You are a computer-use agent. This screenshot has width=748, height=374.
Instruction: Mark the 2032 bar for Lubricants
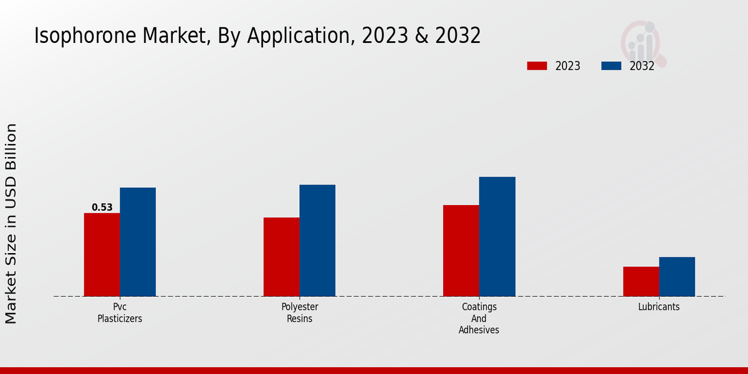pos(677,277)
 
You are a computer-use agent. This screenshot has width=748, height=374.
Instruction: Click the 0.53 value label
pos(102,208)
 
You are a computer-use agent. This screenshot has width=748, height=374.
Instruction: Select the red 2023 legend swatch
pos(537,66)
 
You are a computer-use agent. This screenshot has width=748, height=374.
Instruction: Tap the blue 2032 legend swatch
pos(611,66)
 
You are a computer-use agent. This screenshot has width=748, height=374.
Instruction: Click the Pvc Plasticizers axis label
pos(120,313)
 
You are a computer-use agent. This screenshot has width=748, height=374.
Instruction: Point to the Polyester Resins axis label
pos(300,313)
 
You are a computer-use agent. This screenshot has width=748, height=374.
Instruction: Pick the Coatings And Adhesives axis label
pos(479,319)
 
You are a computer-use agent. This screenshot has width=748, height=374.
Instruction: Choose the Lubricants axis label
pos(659,307)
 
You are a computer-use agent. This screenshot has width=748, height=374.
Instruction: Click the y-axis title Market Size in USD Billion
pos(11,223)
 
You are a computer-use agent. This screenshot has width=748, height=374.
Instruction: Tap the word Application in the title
pos(299,36)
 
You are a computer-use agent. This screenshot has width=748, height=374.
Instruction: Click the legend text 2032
pos(642,66)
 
